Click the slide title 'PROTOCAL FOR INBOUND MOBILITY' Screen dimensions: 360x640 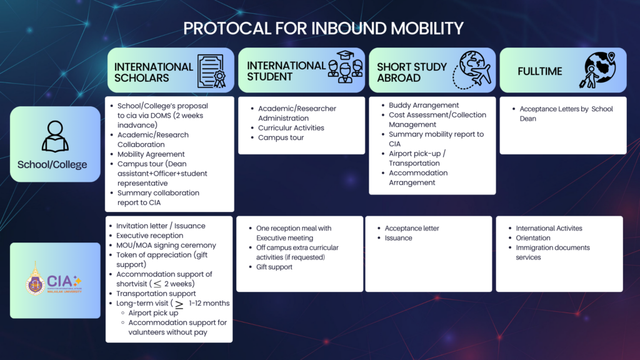(x=323, y=28)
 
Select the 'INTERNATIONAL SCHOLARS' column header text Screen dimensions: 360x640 (x=153, y=72)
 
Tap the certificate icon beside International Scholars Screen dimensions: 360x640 (x=211, y=71)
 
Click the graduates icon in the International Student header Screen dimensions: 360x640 (x=345, y=67)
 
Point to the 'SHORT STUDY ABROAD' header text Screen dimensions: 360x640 (x=411, y=72)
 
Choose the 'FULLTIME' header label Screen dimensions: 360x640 (x=539, y=71)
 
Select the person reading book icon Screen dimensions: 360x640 (x=55, y=136)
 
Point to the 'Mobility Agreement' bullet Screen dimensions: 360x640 (x=151, y=154)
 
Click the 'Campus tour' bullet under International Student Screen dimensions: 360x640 (x=281, y=137)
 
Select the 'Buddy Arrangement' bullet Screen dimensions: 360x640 (x=424, y=105)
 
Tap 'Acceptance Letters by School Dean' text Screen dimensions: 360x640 (x=566, y=113)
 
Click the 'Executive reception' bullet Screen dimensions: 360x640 (x=149, y=236)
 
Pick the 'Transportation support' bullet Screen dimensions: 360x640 (x=156, y=294)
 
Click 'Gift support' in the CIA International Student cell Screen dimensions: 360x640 (x=274, y=267)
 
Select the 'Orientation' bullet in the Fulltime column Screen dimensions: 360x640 (x=533, y=238)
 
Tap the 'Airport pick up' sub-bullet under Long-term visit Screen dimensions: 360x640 (x=153, y=312)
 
